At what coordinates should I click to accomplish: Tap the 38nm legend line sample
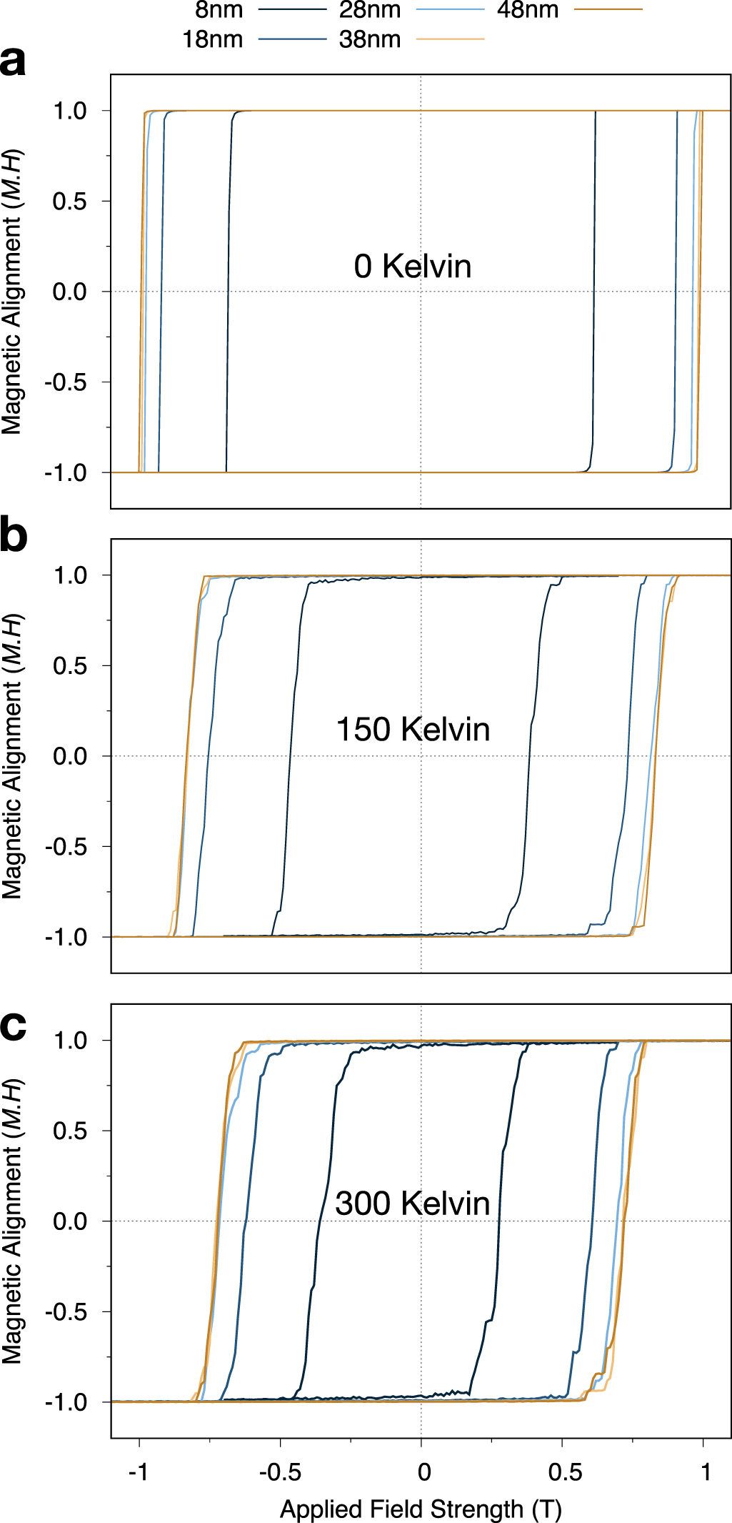pos(450,39)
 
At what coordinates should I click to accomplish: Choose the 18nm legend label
pos(212,39)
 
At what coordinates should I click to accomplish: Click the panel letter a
pos(13,61)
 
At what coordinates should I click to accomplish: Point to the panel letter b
pos(13,535)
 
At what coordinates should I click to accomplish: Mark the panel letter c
pos(13,1026)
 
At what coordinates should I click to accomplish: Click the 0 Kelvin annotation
pos(412,267)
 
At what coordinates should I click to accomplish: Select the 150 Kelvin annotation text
pos(412,730)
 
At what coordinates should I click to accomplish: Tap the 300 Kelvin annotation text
pos(412,1204)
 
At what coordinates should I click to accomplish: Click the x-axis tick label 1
pos(706,1472)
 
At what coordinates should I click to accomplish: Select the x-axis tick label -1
pos(138,1472)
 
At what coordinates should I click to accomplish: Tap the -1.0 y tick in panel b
pos(66,937)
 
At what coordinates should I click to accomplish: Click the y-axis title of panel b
pos(12,755)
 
